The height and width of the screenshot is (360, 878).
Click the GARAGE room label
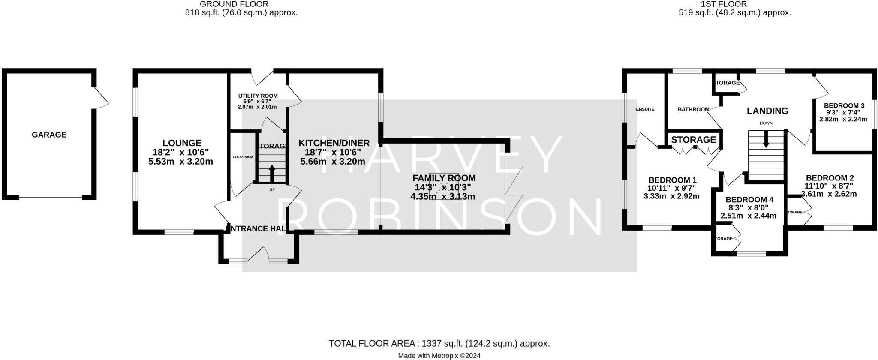coord(49,135)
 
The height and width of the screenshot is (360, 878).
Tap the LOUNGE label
coord(182,143)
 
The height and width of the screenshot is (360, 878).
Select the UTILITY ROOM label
coord(258,96)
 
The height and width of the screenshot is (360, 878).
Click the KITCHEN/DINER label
coord(334,143)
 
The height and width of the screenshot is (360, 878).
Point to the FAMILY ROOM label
coord(444,178)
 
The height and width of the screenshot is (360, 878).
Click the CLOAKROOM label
coord(243,157)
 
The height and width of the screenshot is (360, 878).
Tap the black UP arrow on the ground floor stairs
coord(272,174)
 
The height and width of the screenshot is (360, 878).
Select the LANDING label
coord(767,111)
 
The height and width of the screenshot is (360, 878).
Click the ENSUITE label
coord(645,109)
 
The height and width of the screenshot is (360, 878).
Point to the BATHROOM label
coord(693,109)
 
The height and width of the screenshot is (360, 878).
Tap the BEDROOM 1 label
coord(672,180)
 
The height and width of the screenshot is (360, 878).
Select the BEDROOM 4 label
coord(749,200)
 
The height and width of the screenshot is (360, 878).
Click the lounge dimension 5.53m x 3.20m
coord(180,162)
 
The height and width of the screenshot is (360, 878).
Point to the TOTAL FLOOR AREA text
coord(439,343)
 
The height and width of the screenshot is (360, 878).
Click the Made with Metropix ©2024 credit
coord(439,356)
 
